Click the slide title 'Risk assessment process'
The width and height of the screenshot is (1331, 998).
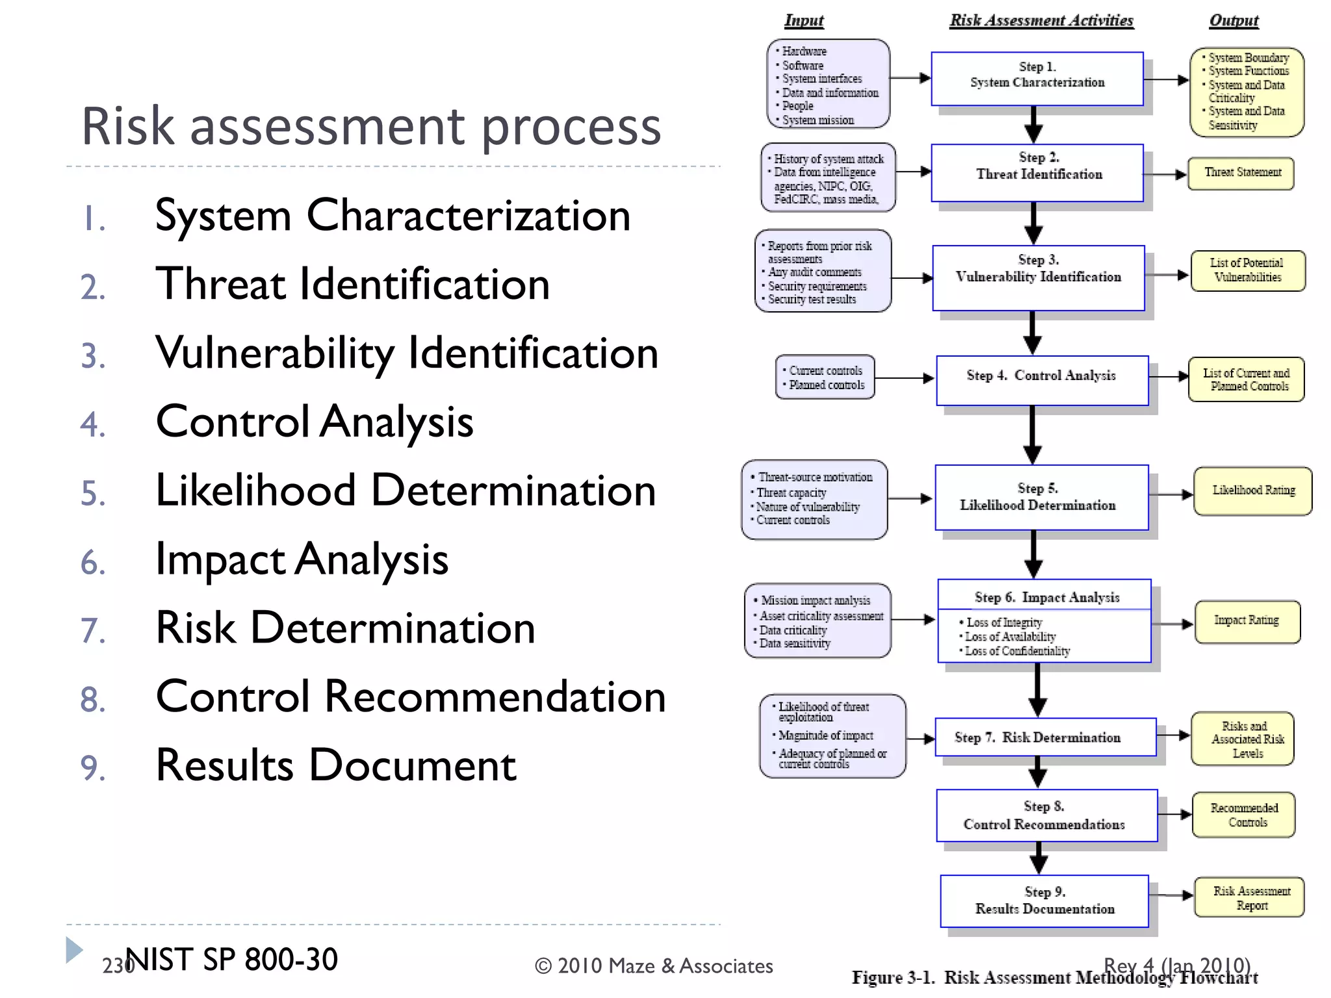(x=371, y=127)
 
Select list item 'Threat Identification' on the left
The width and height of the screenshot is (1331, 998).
(x=352, y=285)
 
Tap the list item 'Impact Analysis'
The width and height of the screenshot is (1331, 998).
(x=302, y=559)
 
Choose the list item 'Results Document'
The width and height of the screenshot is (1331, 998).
(x=336, y=765)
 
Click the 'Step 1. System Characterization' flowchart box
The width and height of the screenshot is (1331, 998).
(x=1037, y=79)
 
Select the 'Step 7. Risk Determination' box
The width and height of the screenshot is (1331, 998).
(x=1045, y=737)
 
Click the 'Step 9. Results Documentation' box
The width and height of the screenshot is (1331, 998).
(x=1044, y=901)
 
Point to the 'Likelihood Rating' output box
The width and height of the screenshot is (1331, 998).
(x=1252, y=491)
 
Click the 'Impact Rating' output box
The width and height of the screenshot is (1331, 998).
(x=1247, y=622)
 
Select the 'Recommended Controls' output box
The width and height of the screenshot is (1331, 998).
(x=1243, y=815)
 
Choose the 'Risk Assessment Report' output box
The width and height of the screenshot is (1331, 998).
(x=1249, y=897)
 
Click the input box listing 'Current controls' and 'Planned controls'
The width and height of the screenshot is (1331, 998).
(x=825, y=377)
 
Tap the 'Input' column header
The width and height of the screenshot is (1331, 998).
(x=803, y=21)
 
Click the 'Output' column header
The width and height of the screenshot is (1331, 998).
(x=1234, y=21)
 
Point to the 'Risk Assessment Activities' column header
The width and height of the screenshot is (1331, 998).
(x=1041, y=21)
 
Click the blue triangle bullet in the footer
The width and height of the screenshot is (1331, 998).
(x=74, y=950)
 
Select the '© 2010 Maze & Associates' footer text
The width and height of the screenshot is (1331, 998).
(x=653, y=966)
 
